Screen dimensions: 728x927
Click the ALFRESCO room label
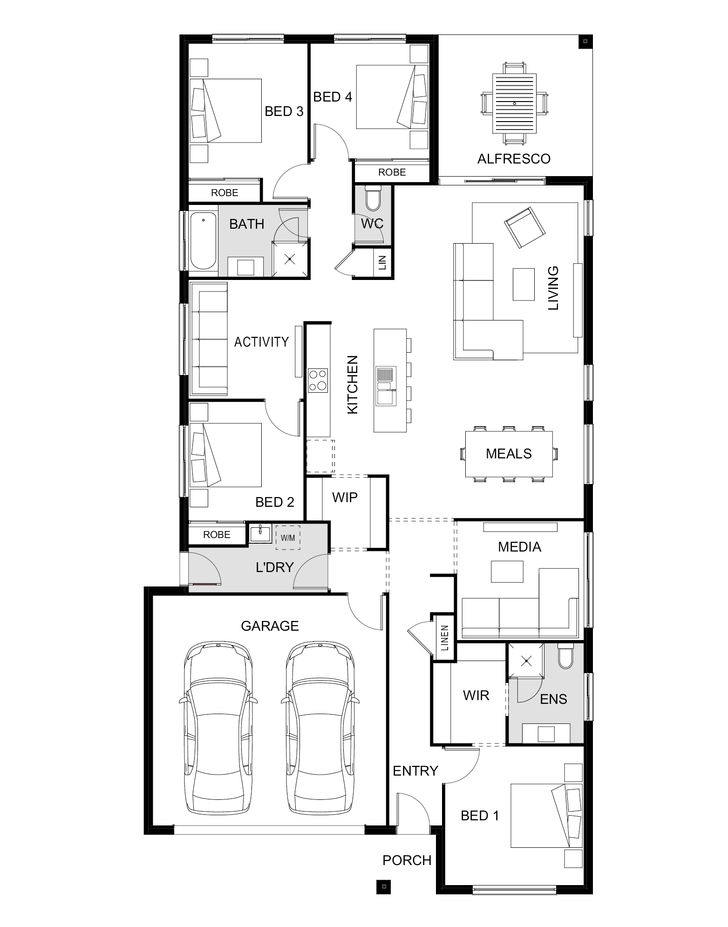pos(514,159)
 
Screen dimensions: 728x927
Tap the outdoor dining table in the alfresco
pos(514,103)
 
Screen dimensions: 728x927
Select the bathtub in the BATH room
pos(203,241)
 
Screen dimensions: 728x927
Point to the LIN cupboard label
pos(383,263)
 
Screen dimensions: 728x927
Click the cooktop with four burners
pos(318,380)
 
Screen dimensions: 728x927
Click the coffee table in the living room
pos(524,284)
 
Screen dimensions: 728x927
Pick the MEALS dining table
pos(509,454)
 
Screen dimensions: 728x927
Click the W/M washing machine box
pos(288,538)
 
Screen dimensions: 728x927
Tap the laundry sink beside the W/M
pos(260,533)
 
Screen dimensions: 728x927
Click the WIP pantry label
pos(345,498)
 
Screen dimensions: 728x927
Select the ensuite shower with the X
pos(526,660)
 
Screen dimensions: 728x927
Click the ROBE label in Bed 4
pos(392,172)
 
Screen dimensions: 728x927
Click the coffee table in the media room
pos(507,572)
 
